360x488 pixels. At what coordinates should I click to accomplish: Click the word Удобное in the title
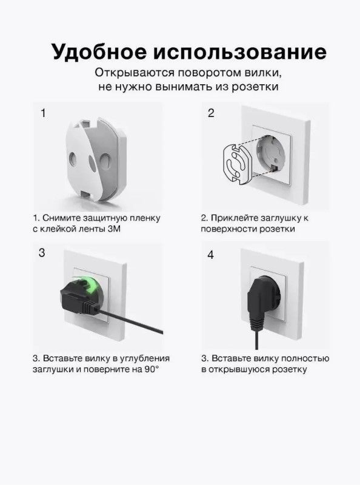point(99,52)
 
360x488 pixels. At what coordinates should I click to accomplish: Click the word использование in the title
point(240,52)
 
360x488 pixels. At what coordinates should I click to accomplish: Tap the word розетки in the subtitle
point(255,87)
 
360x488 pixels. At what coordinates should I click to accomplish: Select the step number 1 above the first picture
point(43,113)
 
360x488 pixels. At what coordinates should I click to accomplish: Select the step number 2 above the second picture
point(211,113)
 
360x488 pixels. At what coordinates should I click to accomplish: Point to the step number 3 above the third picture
point(42,253)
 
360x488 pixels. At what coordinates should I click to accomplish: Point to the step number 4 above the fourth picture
point(211,255)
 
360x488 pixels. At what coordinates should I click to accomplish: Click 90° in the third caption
point(152,369)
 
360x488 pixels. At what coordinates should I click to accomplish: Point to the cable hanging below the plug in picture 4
point(256,340)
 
